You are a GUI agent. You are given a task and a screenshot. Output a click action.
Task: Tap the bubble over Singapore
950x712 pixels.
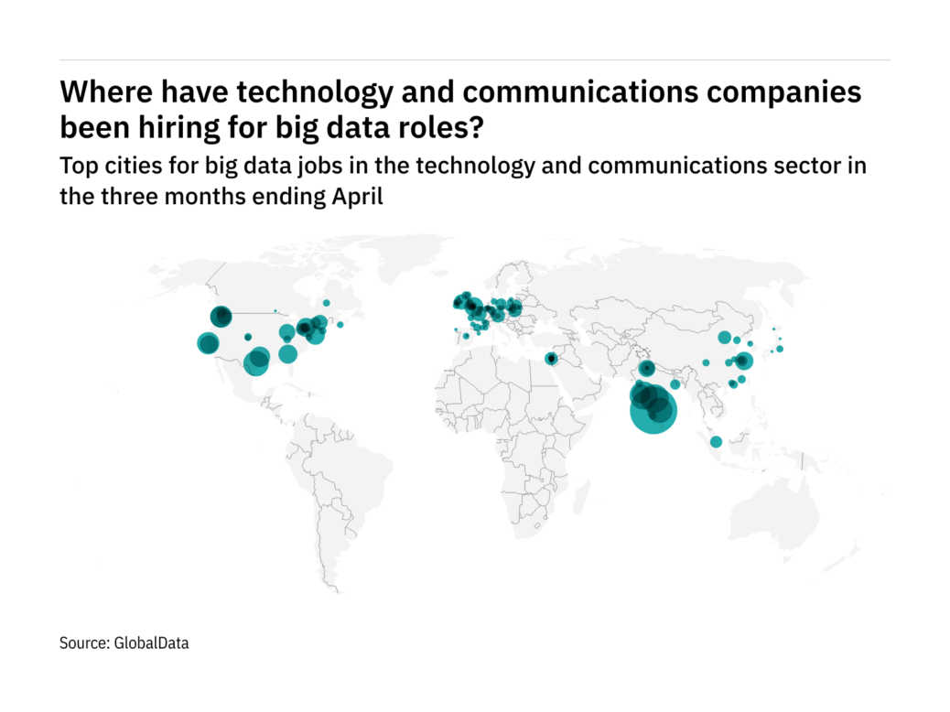click(716, 442)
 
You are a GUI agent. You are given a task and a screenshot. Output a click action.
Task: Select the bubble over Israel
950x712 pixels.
click(551, 359)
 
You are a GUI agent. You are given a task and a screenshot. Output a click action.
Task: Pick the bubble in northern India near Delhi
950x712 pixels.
click(647, 369)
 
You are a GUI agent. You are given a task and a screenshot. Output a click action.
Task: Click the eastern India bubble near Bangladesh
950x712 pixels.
click(675, 384)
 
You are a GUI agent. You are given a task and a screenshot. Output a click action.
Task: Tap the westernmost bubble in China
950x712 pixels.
click(707, 363)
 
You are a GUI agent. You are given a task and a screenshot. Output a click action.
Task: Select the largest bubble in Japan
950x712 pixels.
click(780, 349)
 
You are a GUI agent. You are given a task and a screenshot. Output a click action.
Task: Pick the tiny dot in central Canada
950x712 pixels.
click(275, 311)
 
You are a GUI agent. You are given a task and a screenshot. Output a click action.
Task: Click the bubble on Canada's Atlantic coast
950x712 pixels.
click(340, 325)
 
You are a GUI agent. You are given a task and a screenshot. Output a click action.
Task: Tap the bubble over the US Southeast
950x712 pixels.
click(288, 354)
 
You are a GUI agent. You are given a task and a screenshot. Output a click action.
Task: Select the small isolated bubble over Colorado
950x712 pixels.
click(248, 337)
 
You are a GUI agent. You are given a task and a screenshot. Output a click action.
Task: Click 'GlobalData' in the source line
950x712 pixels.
click(151, 643)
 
